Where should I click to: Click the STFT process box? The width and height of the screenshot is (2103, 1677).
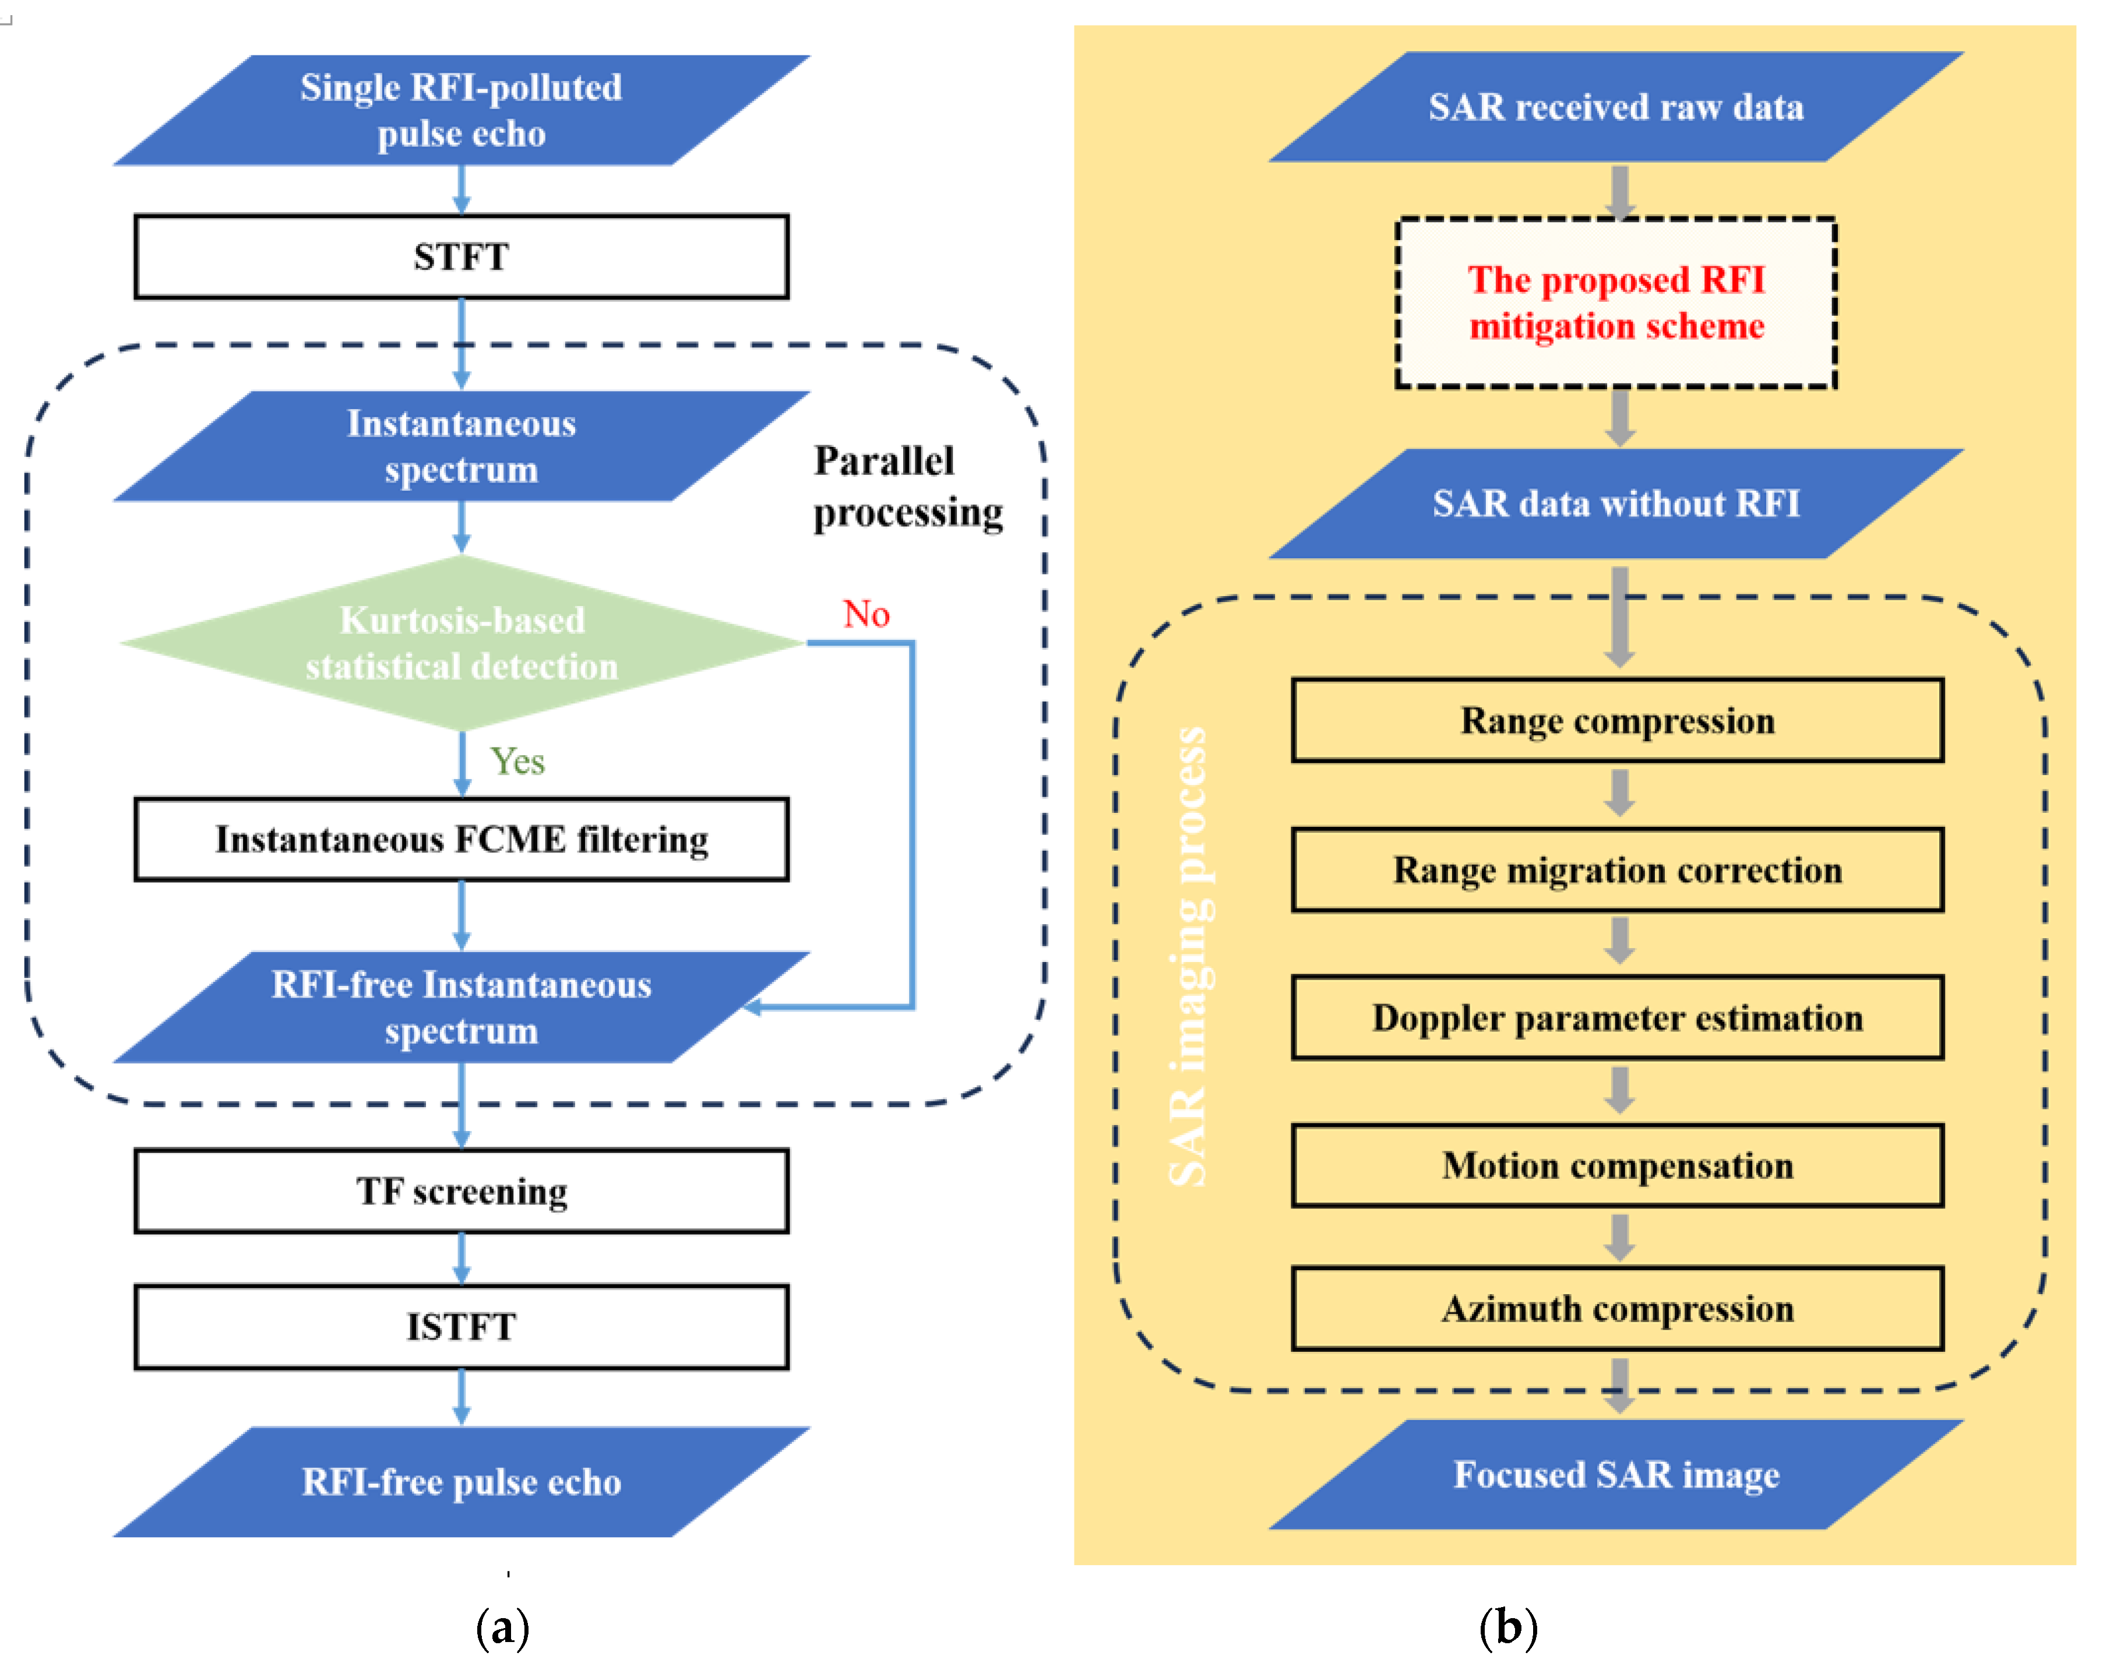(x=462, y=256)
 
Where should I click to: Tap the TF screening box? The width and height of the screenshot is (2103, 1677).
(x=462, y=1191)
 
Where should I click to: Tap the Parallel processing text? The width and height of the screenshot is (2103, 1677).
(x=907, y=487)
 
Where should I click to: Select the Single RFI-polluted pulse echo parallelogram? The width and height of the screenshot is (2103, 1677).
(x=462, y=110)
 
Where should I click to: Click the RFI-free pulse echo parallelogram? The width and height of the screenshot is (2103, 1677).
(x=462, y=1482)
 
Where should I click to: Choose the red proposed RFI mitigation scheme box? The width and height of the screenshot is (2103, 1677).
(x=1616, y=302)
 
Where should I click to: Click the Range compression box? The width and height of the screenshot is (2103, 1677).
(x=1617, y=721)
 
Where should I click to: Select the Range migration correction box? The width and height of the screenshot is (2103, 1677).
(x=1617, y=870)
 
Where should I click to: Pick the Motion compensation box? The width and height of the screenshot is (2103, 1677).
(x=1617, y=1166)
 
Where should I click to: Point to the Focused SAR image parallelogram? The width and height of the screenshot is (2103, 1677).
(x=1616, y=1474)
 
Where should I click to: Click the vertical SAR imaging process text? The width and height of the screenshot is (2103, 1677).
(x=1188, y=956)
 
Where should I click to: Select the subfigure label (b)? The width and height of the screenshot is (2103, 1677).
(x=1508, y=1627)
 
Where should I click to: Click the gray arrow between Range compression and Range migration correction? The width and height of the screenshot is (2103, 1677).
(x=1619, y=793)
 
